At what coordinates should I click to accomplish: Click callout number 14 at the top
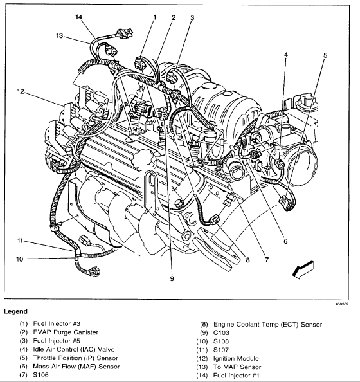(x=78, y=17)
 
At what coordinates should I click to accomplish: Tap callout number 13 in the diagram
(x=59, y=36)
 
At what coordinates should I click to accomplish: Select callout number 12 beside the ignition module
(x=21, y=91)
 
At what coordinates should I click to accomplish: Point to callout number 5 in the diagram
(x=325, y=55)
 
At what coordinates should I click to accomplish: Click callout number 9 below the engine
(x=172, y=278)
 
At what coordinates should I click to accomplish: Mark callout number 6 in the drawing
(x=285, y=241)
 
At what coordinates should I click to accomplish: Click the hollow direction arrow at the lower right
(x=303, y=269)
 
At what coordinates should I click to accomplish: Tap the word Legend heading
(x=15, y=311)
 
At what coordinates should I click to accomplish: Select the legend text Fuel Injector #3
(x=57, y=323)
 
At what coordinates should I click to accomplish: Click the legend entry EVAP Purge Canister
(x=66, y=332)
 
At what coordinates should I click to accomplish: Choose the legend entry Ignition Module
(x=236, y=359)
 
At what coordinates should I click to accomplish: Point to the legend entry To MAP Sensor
(x=237, y=367)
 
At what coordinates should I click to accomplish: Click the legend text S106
(x=40, y=375)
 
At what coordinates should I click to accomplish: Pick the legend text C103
(x=221, y=332)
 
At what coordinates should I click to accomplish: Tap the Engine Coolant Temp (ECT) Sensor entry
(x=267, y=325)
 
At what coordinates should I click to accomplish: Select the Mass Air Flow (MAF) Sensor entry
(x=76, y=367)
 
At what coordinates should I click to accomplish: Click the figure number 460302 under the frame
(x=342, y=304)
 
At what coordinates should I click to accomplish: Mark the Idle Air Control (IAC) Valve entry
(x=74, y=349)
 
